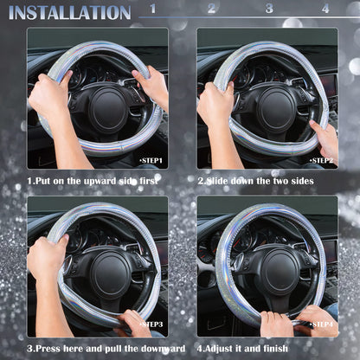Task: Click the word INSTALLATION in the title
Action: click(x=69, y=12)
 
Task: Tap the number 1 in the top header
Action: click(x=153, y=9)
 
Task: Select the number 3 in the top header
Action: click(x=269, y=9)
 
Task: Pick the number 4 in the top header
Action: click(x=325, y=9)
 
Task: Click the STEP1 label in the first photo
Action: click(x=151, y=160)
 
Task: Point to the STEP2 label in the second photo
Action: click(x=321, y=160)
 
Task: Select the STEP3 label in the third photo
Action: click(x=151, y=325)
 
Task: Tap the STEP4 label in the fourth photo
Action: click(x=321, y=325)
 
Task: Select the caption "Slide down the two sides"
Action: click(x=255, y=181)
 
